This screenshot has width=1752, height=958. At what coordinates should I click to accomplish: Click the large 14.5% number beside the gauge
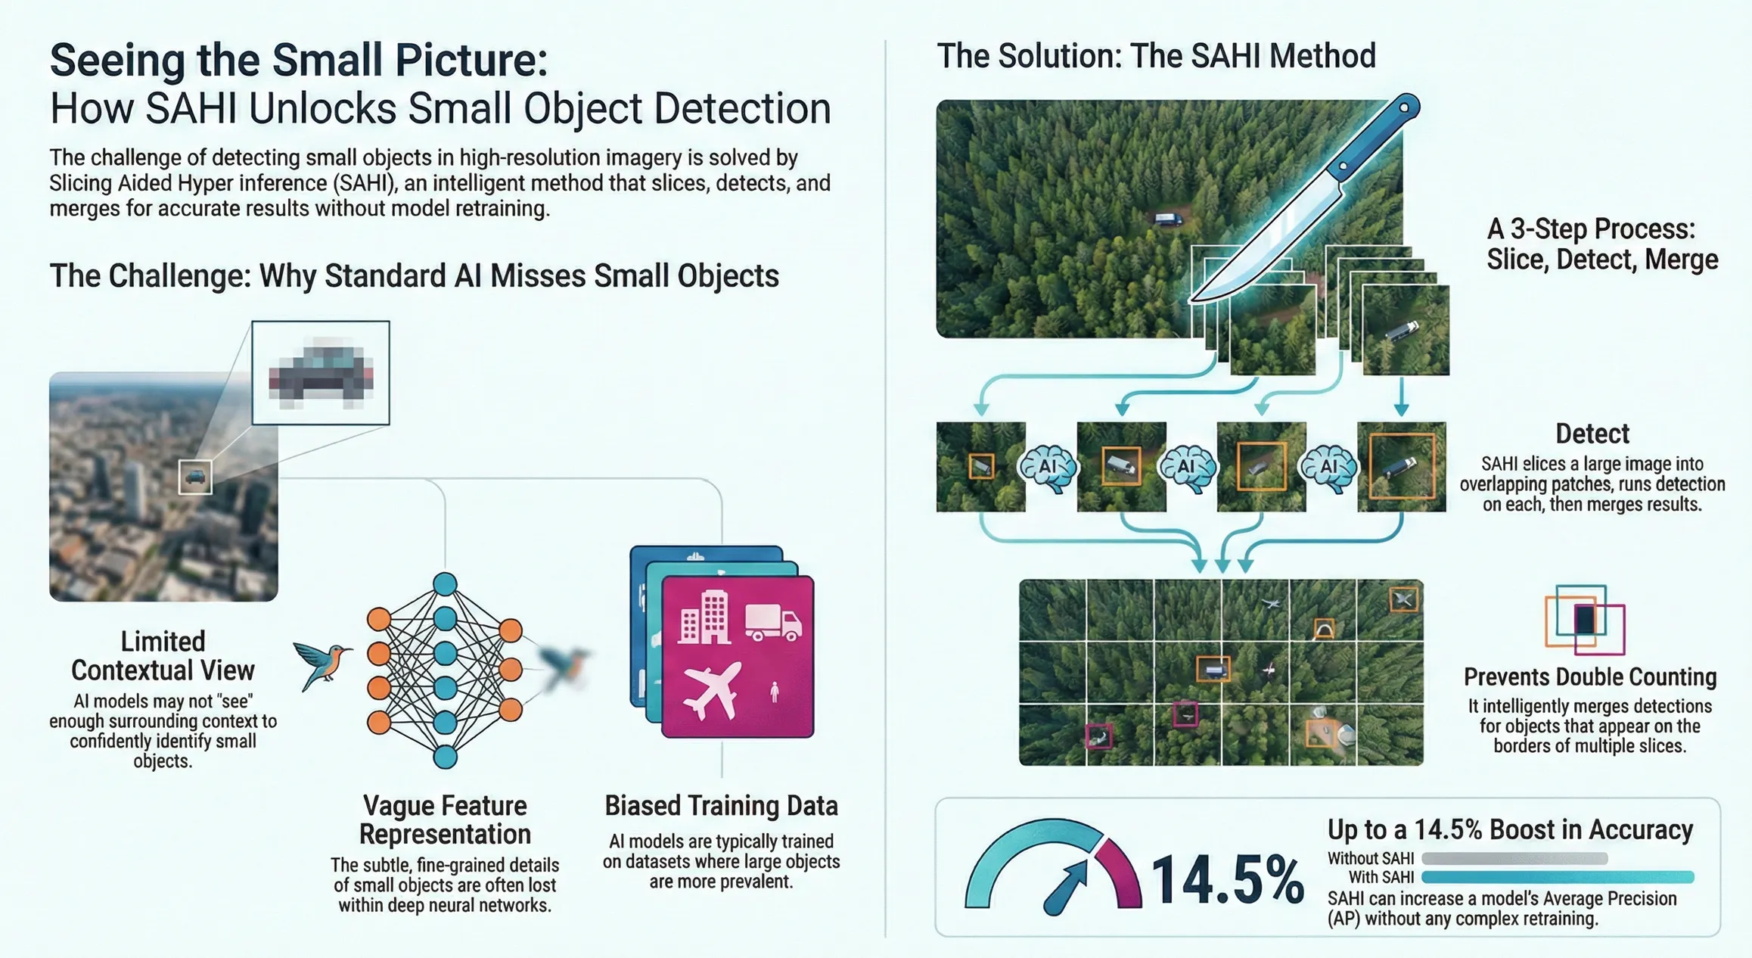click(1227, 880)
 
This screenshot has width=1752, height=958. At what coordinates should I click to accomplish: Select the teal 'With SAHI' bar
click(1557, 877)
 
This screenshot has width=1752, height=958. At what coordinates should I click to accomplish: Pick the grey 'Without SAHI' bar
click(1514, 858)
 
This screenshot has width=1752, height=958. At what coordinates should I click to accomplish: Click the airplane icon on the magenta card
click(711, 689)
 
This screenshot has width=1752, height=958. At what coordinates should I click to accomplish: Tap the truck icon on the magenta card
click(772, 623)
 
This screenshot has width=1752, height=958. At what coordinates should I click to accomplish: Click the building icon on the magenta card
click(704, 618)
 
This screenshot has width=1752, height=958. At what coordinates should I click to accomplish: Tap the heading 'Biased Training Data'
click(721, 806)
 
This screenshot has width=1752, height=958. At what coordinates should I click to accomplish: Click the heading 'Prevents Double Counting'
click(1589, 677)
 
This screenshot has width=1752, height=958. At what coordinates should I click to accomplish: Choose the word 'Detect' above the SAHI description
click(1592, 434)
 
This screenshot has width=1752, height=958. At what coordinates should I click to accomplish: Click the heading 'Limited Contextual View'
click(163, 655)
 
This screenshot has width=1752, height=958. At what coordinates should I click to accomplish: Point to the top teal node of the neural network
click(445, 583)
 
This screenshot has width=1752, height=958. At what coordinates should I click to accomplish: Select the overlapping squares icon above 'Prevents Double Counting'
click(1584, 620)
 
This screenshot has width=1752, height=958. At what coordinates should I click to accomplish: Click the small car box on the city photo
click(195, 477)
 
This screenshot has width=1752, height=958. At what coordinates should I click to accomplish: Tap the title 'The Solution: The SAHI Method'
click(1156, 56)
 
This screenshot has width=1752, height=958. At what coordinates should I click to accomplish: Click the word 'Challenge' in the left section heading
click(179, 276)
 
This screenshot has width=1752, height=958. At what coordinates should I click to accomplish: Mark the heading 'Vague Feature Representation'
click(445, 820)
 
